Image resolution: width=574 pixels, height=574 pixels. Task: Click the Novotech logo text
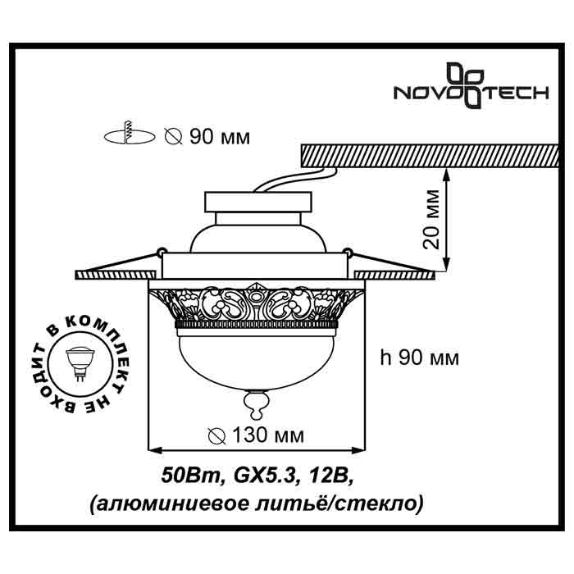click(471, 93)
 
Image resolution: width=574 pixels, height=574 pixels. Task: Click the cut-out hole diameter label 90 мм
click(206, 136)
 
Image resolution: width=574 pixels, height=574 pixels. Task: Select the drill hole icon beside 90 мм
click(129, 134)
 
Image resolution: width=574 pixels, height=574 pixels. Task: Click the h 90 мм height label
click(419, 358)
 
